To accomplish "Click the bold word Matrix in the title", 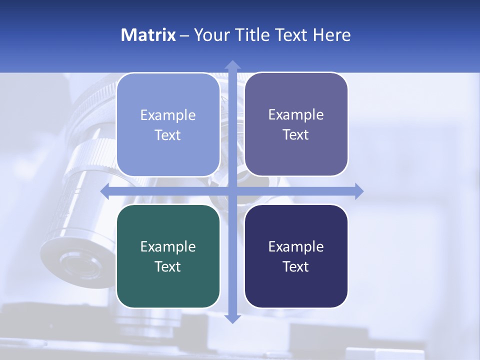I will coord(148,35).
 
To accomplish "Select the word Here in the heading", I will coord(331,35).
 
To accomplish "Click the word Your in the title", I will coord(210,35).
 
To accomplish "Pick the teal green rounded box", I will coord(168,285).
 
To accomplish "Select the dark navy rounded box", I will coord(296,285).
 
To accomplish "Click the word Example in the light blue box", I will coord(168,115).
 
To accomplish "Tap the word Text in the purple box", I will coord(296,134).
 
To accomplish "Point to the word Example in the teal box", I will coord(168,246).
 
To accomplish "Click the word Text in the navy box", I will coord(296,266).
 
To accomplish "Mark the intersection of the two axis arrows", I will coord(232,191).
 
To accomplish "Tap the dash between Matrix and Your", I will coord(184,35).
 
